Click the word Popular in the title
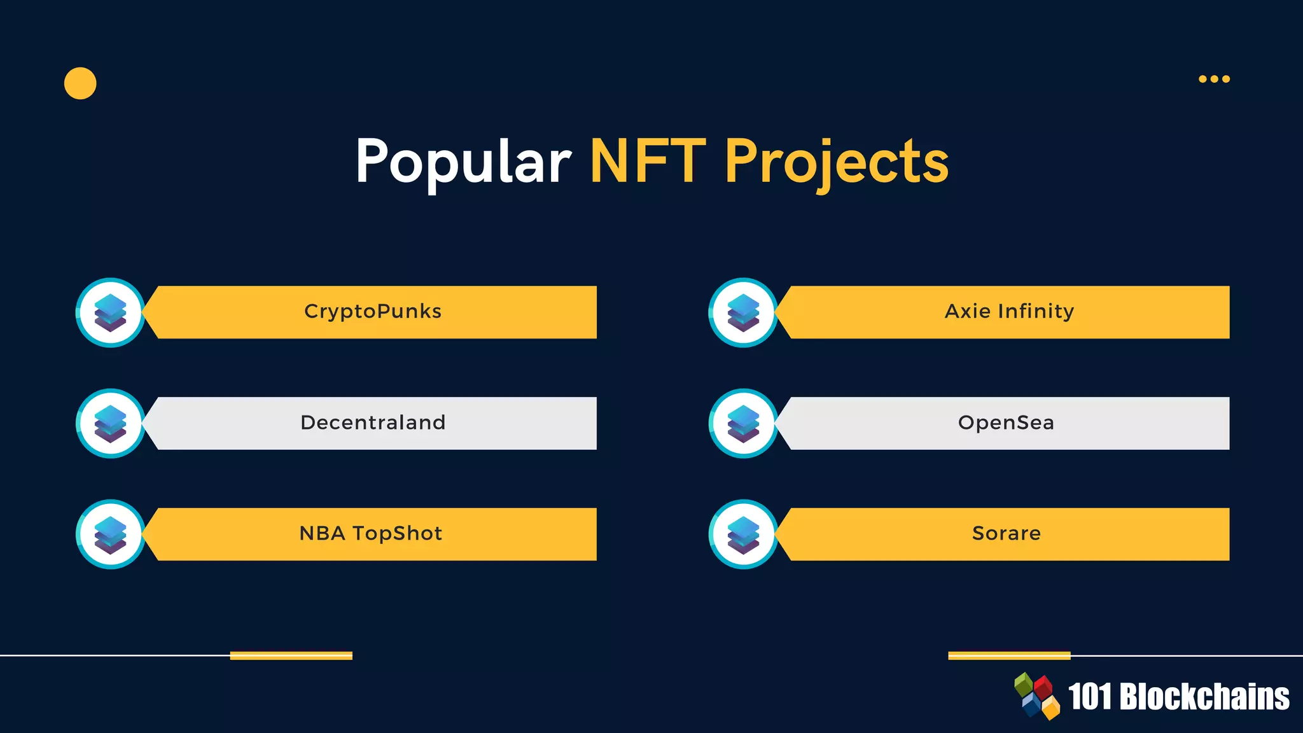(463, 162)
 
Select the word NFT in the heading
(648, 162)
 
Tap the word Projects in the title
(836, 163)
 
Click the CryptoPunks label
(373, 311)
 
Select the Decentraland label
(373, 422)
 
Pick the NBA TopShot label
(370, 533)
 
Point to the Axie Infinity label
(1009, 311)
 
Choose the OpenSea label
(1006, 422)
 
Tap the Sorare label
(1006, 533)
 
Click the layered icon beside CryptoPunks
(110, 312)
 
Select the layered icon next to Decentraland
(110, 423)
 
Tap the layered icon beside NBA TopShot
(110, 534)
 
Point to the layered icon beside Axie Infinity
(743, 312)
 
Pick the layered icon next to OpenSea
(743, 423)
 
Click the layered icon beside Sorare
(743, 534)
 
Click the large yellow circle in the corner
(80, 83)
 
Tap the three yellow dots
(1214, 79)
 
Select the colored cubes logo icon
(1036, 696)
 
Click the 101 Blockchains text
(1178, 697)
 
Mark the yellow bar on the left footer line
(291, 655)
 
